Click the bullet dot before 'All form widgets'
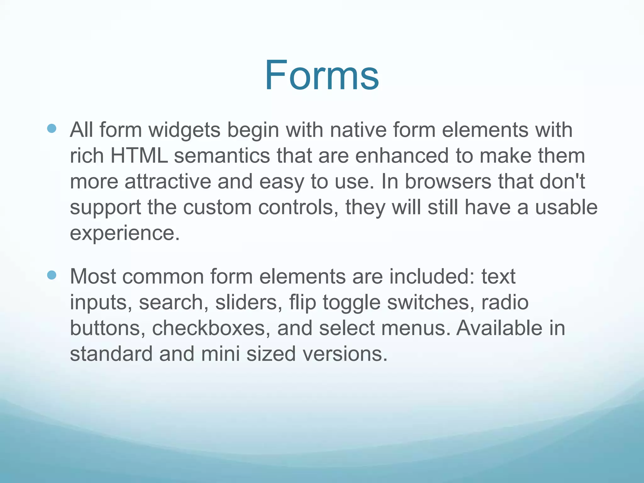point(52,128)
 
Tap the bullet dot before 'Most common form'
point(52,275)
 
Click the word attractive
point(168,182)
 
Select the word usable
point(566,208)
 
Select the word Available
point(499,328)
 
